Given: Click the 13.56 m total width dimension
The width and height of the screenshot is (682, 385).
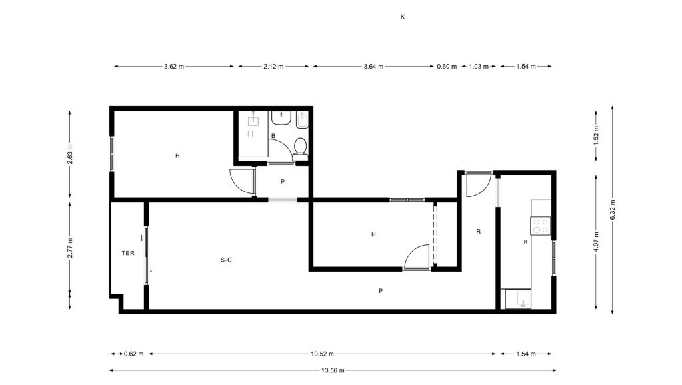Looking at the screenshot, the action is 333,370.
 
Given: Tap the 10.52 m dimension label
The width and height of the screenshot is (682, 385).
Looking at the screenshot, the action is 322,354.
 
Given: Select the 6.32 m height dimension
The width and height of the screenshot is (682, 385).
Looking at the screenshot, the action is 613,210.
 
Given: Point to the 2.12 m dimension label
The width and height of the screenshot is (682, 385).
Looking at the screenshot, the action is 273,67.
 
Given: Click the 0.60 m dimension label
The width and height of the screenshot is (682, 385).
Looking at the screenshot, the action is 447,67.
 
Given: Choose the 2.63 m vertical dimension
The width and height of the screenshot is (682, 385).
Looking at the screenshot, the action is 70,155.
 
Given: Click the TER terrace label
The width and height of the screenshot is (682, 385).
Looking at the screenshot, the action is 128,253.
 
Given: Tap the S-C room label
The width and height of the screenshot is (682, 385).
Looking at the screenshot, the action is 226,260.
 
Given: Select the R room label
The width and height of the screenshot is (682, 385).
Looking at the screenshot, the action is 479,232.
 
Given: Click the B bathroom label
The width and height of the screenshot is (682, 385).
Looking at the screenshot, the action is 273,136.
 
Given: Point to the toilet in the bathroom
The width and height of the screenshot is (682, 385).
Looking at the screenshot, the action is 300,149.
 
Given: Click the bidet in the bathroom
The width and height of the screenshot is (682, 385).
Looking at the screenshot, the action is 302,121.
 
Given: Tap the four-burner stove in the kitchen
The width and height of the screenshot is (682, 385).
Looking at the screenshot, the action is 540,226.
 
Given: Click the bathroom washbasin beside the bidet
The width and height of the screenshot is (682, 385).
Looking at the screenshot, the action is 282,117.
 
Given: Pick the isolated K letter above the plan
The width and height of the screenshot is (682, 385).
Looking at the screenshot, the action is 403,17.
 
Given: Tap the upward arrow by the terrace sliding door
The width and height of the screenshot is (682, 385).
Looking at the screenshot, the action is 151,273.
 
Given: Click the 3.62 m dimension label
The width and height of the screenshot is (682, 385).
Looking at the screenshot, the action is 174,67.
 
